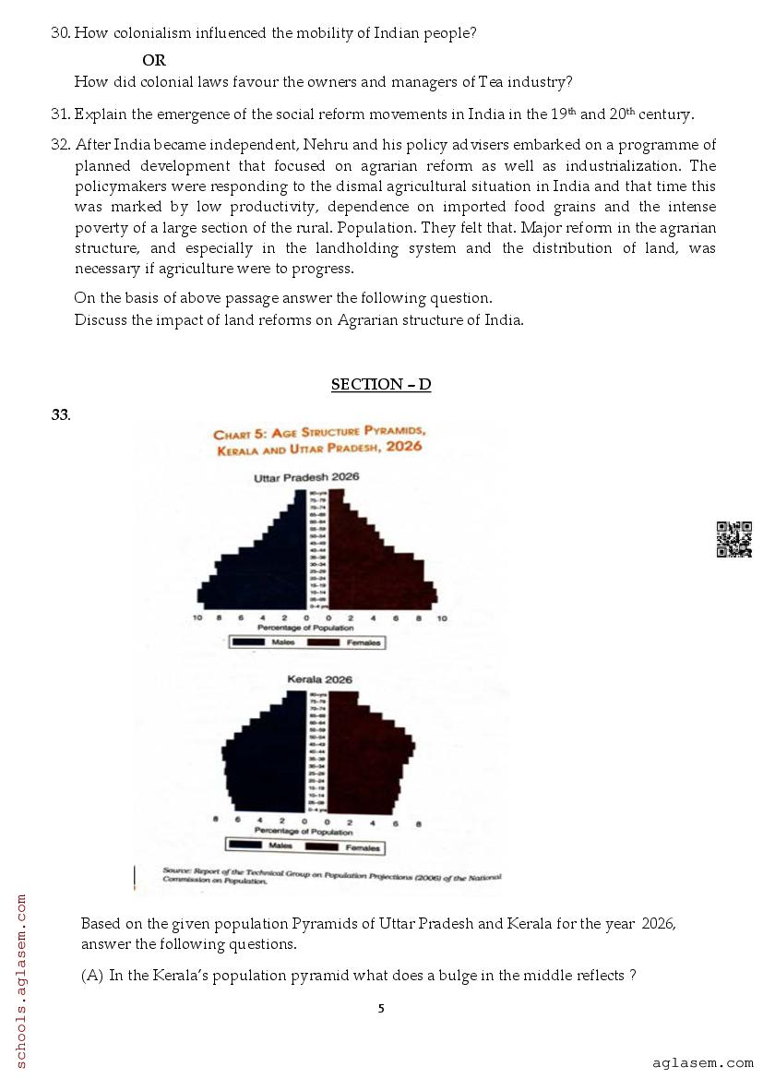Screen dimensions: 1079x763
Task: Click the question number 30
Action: click(x=60, y=33)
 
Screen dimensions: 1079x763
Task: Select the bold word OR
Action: click(x=154, y=60)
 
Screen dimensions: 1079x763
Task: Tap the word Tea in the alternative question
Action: click(x=491, y=81)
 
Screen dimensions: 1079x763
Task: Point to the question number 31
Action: click(x=60, y=114)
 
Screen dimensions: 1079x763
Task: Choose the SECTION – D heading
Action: click(x=380, y=384)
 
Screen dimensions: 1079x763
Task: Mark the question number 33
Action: click(x=60, y=414)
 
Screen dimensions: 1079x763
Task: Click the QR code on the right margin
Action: click(x=733, y=539)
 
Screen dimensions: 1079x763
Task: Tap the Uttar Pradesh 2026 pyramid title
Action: click(x=306, y=477)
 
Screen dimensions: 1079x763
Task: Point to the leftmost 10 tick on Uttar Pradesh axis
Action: click(x=197, y=618)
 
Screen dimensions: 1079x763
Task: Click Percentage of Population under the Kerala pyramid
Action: click(x=304, y=831)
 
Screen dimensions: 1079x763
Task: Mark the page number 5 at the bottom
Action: click(x=381, y=1009)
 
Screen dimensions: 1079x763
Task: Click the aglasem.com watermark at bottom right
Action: click(x=701, y=1063)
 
